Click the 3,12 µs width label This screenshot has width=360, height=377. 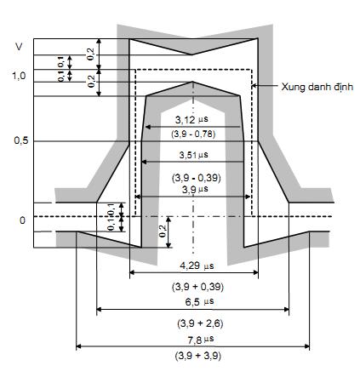point(191,120)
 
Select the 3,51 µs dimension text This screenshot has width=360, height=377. point(194,155)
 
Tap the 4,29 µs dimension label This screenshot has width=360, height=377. point(197,266)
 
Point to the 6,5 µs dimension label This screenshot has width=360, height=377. point(199,301)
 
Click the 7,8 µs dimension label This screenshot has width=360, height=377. point(201,340)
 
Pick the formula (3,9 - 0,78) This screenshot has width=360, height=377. point(193,134)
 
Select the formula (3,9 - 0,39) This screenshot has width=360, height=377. point(197,178)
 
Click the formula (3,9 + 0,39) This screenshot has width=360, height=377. point(197,287)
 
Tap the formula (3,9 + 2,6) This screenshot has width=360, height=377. point(200,323)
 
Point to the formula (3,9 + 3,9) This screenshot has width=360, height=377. point(198,356)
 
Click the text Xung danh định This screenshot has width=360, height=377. point(317,87)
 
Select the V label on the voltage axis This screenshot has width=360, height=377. point(19,47)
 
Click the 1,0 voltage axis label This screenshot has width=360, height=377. point(19,76)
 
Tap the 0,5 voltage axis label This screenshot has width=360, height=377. point(21,140)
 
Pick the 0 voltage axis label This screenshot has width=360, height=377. point(22,220)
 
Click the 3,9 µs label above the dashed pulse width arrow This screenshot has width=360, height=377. point(195,190)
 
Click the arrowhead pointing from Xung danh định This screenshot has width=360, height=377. point(254,85)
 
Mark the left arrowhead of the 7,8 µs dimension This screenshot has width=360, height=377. point(79,346)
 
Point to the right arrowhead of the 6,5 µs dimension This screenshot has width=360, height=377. point(287,309)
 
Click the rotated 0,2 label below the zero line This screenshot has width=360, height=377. point(163,231)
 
